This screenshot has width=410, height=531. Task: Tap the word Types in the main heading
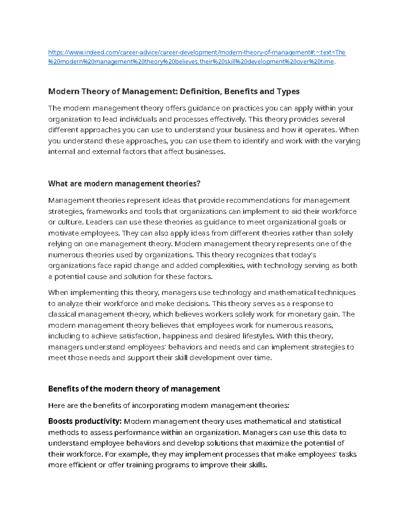pos(289,91)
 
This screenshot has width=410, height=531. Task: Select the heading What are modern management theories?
pos(124,184)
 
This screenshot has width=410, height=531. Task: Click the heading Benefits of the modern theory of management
pos(134,389)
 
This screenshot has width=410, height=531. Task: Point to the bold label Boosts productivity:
pos(85,421)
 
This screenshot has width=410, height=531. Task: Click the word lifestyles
pos(258,336)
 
